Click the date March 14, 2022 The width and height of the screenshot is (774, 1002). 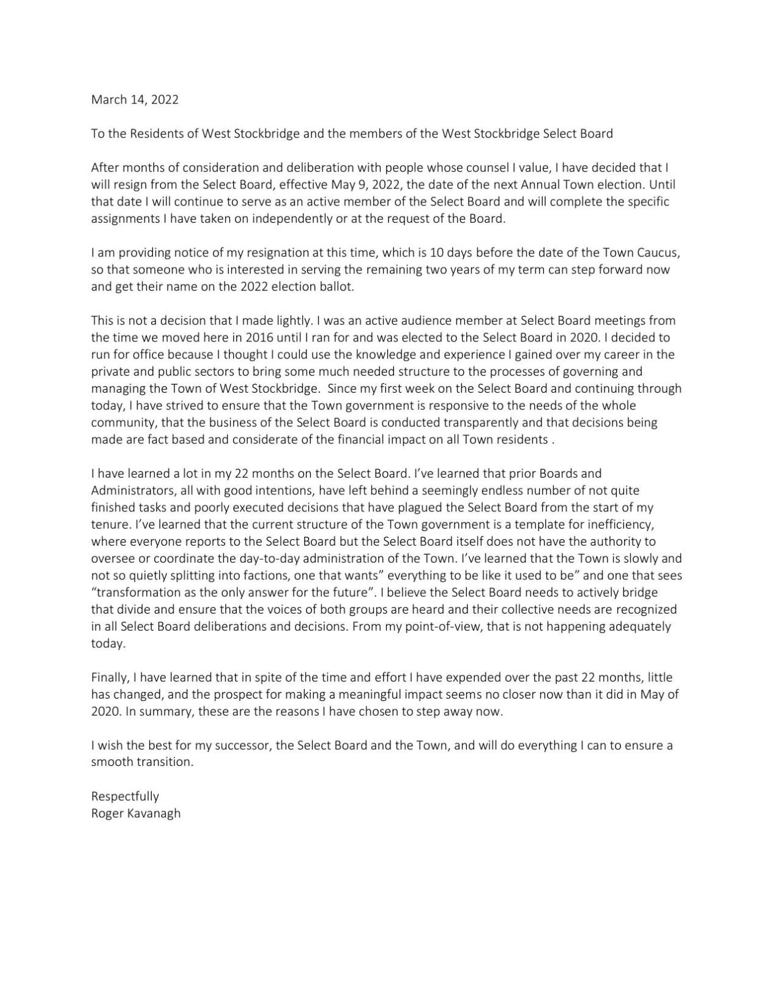click(x=135, y=100)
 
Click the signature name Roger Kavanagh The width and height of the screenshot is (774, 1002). click(x=136, y=814)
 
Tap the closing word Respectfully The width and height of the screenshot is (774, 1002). click(x=125, y=796)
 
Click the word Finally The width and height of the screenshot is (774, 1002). click(x=109, y=678)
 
